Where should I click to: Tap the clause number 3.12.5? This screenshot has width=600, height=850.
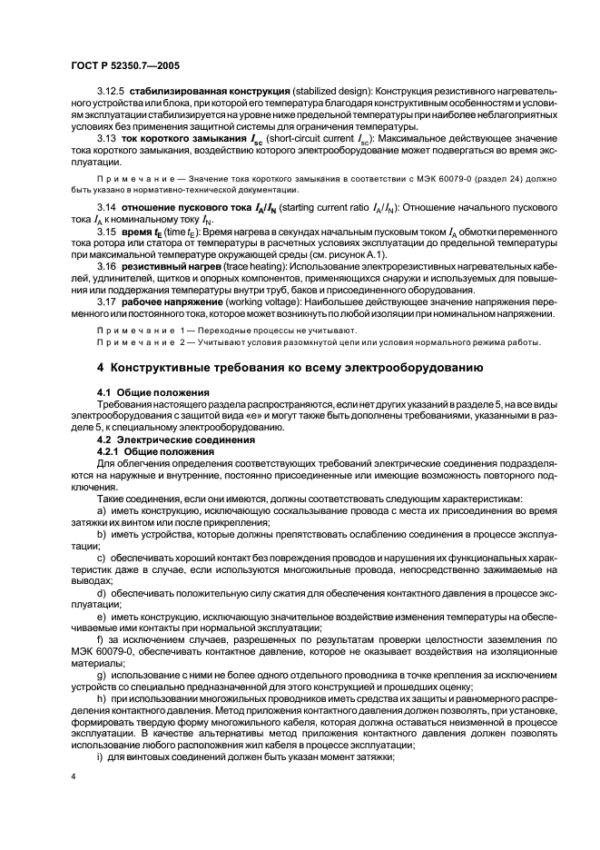[113, 117]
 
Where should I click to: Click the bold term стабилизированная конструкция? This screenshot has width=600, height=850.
[208, 117]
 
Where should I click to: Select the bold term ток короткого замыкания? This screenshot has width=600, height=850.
[184, 163]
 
